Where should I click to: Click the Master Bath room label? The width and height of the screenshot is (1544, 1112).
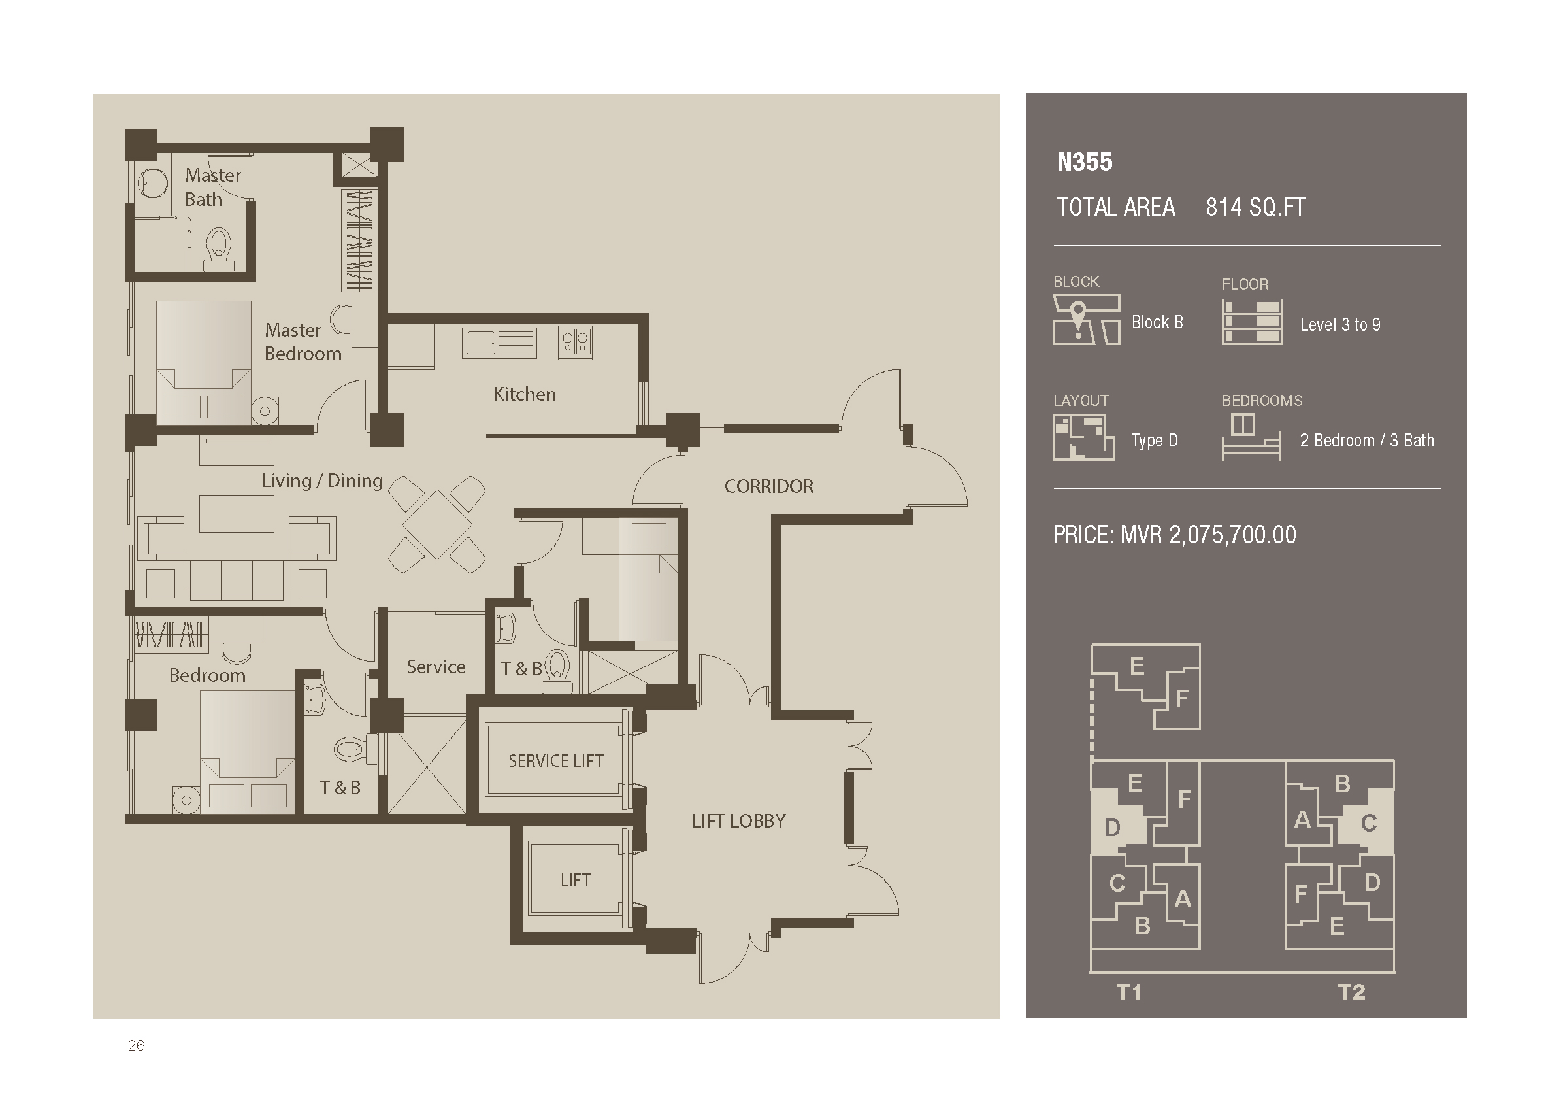[213, 187]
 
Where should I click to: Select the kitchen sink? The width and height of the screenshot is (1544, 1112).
[499, 343]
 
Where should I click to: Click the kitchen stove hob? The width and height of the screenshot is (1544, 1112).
[575, 343]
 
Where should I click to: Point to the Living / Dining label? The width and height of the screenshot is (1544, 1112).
[322, 480]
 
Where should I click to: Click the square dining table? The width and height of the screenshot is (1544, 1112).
[437, 524]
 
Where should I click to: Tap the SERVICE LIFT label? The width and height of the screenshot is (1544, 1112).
[555, 761]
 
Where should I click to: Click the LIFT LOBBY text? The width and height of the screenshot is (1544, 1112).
[738, 821]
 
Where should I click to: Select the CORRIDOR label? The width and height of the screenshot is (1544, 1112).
[768, 486]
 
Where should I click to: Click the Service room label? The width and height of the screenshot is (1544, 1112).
[436, 667]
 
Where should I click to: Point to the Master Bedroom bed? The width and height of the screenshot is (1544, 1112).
[204, 363]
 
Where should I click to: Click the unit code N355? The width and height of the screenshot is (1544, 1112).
[1085, 162]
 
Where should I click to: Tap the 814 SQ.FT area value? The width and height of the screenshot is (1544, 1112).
[1255, 207]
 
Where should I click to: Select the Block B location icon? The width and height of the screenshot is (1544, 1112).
[1087, 318]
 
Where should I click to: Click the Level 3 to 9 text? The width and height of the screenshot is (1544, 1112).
[1340, 325]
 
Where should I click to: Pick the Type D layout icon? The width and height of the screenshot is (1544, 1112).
[1083, 438]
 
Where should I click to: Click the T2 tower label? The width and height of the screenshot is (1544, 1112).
[1351, 992]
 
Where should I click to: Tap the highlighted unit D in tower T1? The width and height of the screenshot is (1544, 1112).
[1112, 828]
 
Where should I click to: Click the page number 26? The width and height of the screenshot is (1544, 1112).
[136, 1045]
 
